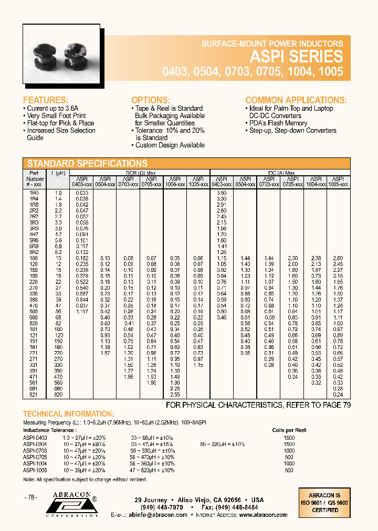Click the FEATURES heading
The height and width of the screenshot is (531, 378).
tap(46, 100)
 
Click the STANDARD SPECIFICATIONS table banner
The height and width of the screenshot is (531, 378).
tap(87, 163)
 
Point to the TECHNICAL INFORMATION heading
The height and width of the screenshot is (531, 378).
tap(68, 413)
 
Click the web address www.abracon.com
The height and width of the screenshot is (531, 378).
tap(263, 515)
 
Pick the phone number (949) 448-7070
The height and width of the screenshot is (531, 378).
tap(162, 507)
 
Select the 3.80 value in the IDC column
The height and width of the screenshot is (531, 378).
tap(221, 193)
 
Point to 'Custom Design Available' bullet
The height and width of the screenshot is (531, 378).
tap(170, 145)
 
